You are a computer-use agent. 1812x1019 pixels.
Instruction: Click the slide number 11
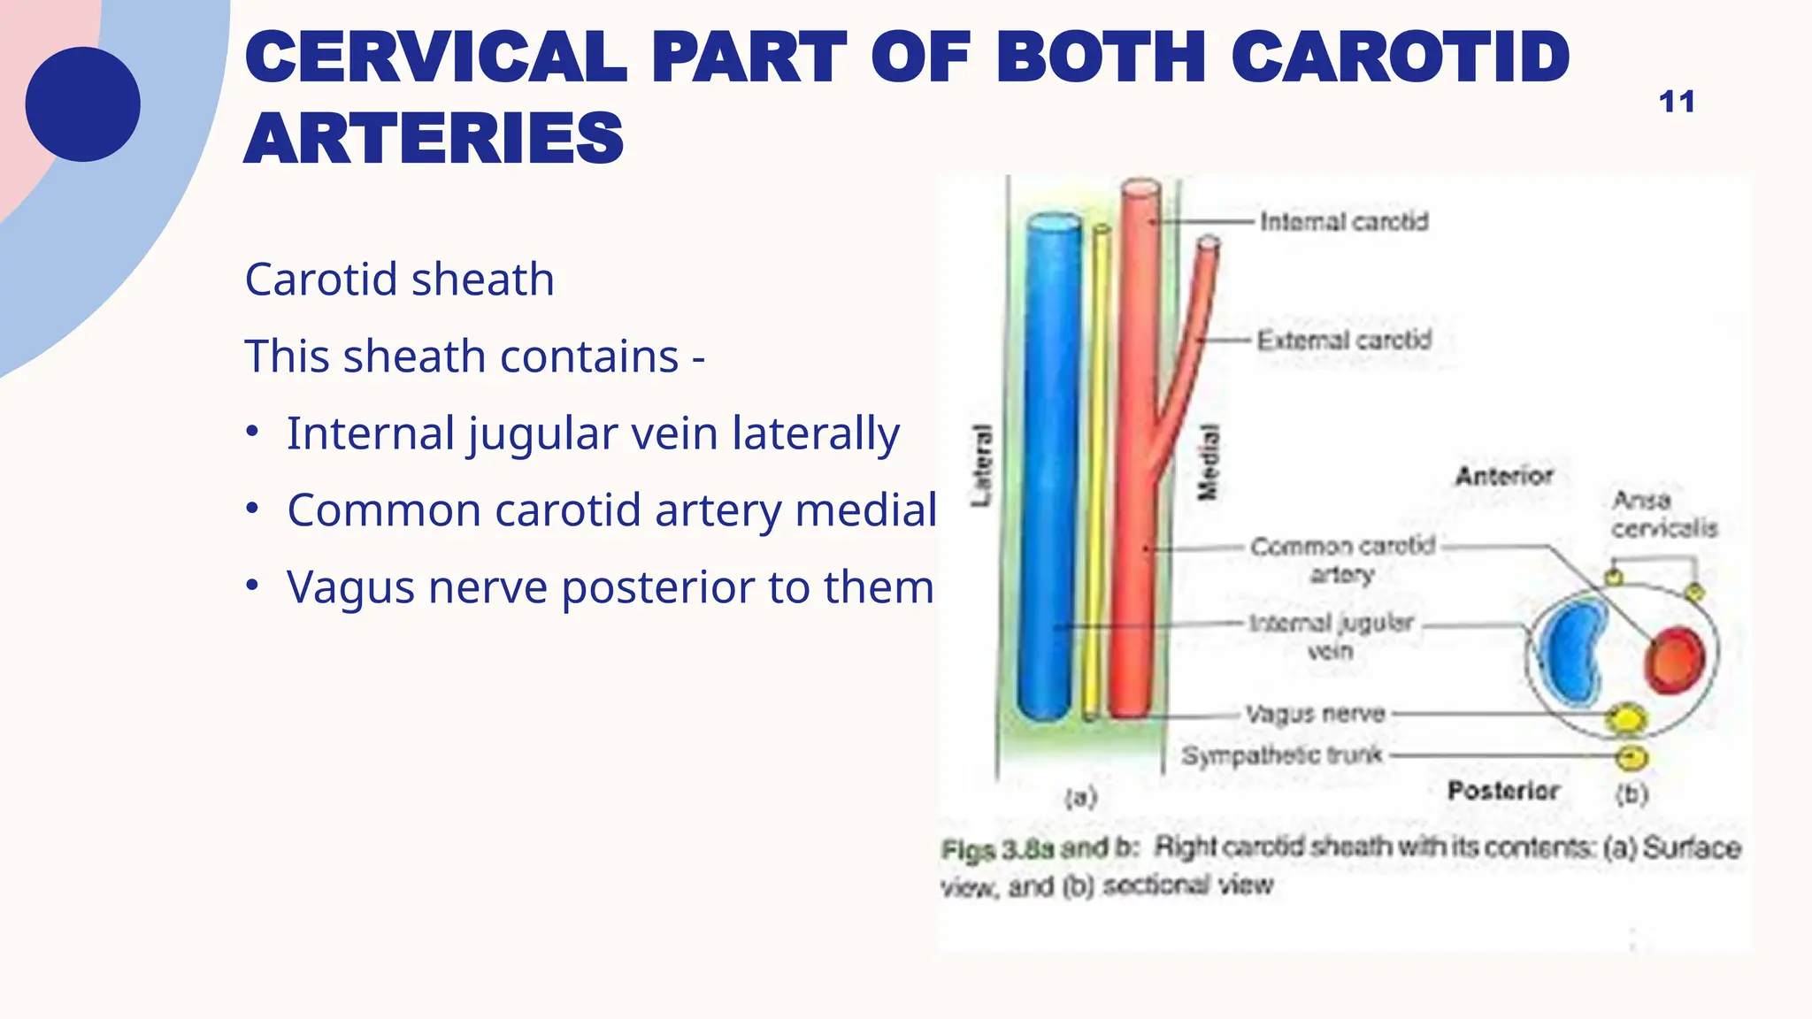[1676, 102]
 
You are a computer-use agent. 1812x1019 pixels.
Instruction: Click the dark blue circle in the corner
[82, 104]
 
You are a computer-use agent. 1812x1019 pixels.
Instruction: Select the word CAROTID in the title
[1400, 57]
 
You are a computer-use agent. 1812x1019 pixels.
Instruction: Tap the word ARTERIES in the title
[434, 139]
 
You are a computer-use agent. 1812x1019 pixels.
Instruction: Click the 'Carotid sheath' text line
[399, 280]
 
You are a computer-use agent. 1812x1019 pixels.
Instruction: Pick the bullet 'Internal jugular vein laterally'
[592, 433]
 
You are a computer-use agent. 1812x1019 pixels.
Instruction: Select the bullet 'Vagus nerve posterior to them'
[610, 587]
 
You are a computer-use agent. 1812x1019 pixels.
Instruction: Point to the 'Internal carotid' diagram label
[1343, 221]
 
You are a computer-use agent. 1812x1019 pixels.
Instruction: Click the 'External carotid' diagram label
[1343, 340]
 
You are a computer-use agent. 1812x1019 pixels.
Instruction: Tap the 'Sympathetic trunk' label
[1281, 755]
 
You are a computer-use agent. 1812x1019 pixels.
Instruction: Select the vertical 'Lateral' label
[981, 465]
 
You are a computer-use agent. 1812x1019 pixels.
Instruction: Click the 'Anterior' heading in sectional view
[1503, 476]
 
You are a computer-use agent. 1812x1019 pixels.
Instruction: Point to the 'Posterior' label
[1501, 790]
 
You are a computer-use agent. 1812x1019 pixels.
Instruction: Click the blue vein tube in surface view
[1050, 469]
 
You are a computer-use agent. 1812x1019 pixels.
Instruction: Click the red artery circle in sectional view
[1674, 660]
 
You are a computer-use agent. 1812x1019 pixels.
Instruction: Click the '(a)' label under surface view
[1080, 797]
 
